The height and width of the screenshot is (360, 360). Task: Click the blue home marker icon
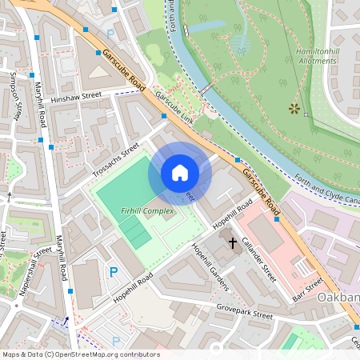click(x=180, y=173)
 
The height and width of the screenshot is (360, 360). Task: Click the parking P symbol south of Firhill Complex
click(x=114, y=272)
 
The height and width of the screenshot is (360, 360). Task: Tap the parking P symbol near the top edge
click(x=110, y=34)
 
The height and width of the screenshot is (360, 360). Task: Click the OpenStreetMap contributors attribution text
click(x=80, y=354)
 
